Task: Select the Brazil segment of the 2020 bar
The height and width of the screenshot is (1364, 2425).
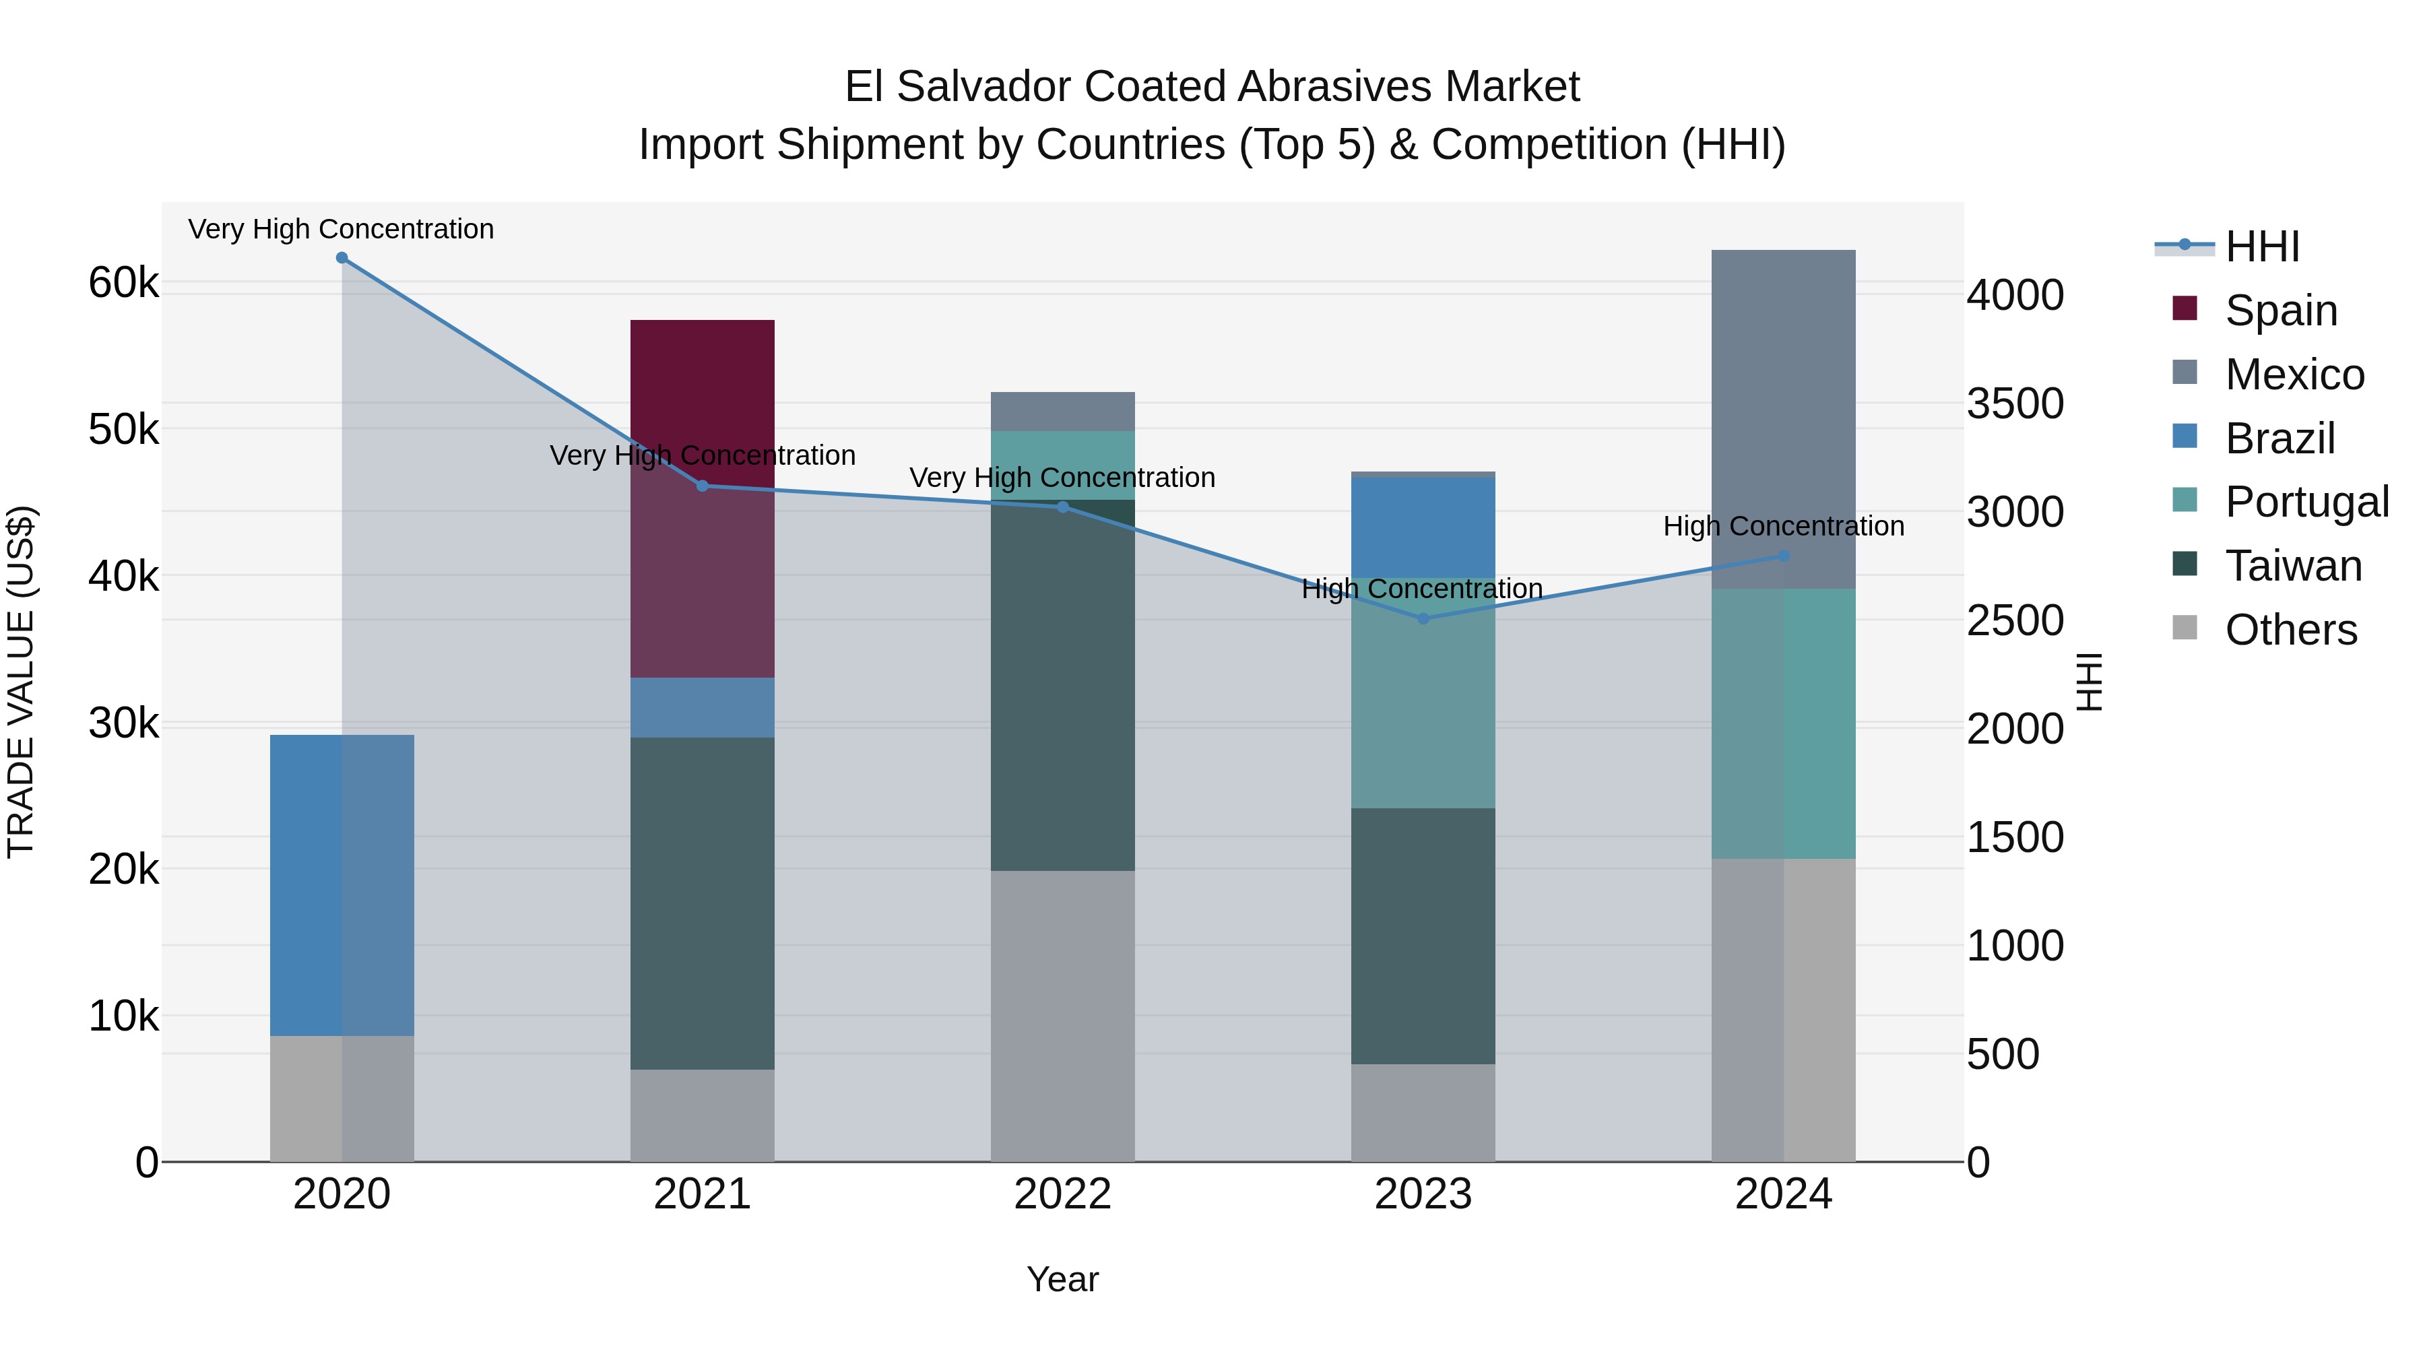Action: click(342, 885)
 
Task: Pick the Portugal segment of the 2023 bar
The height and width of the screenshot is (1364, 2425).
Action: click(1423, 692)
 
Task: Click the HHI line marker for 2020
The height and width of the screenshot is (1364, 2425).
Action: click(342, 258)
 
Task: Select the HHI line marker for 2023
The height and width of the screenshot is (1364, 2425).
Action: click(1423, 618)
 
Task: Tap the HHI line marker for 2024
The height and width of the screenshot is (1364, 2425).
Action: click(1783, 556)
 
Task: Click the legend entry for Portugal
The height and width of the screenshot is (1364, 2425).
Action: click(2306, 502)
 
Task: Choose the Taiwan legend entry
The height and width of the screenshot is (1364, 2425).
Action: click(2293, 566)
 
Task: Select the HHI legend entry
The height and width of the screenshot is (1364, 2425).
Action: click(2261, 247)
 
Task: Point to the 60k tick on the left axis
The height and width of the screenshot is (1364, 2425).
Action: click(123, 282)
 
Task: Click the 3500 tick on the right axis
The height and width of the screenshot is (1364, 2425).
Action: click(2015, 404)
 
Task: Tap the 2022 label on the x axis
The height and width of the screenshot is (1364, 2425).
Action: click(1062, 1194)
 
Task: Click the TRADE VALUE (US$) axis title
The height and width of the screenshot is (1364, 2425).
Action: click(21, 682)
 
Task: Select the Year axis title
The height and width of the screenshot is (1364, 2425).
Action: click(1062, 1279)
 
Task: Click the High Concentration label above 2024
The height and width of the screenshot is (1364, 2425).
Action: click(1783, 526)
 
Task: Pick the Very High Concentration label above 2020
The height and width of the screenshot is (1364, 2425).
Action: click(341, 229)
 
